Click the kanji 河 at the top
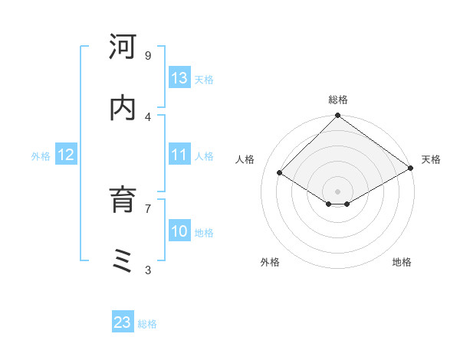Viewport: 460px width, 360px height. click(123, 47)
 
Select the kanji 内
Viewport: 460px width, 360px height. click(123, 108)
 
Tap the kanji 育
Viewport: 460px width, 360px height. click(123, 200)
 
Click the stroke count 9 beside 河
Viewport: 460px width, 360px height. click(147, 56)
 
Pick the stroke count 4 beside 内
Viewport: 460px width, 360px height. click(147, 116)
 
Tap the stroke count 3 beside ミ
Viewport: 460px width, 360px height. click(147, 270)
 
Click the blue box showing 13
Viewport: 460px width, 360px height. click(179, 78)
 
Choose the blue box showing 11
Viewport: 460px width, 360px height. click(179, 155)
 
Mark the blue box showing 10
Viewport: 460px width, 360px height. click(179, 231)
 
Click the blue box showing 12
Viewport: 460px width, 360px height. click(65, 155)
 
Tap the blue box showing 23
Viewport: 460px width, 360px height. click(123, 322)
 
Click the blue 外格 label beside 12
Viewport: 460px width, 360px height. click(41, 156)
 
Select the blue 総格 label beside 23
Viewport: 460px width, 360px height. click(147, 324)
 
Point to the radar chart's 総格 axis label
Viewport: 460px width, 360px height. click(337, 100)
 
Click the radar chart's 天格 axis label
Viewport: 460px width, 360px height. click(431, 159)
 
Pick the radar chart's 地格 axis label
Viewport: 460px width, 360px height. click(402, 262)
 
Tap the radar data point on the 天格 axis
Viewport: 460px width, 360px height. click(411, 168)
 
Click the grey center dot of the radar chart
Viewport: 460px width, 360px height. click(337, 191)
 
